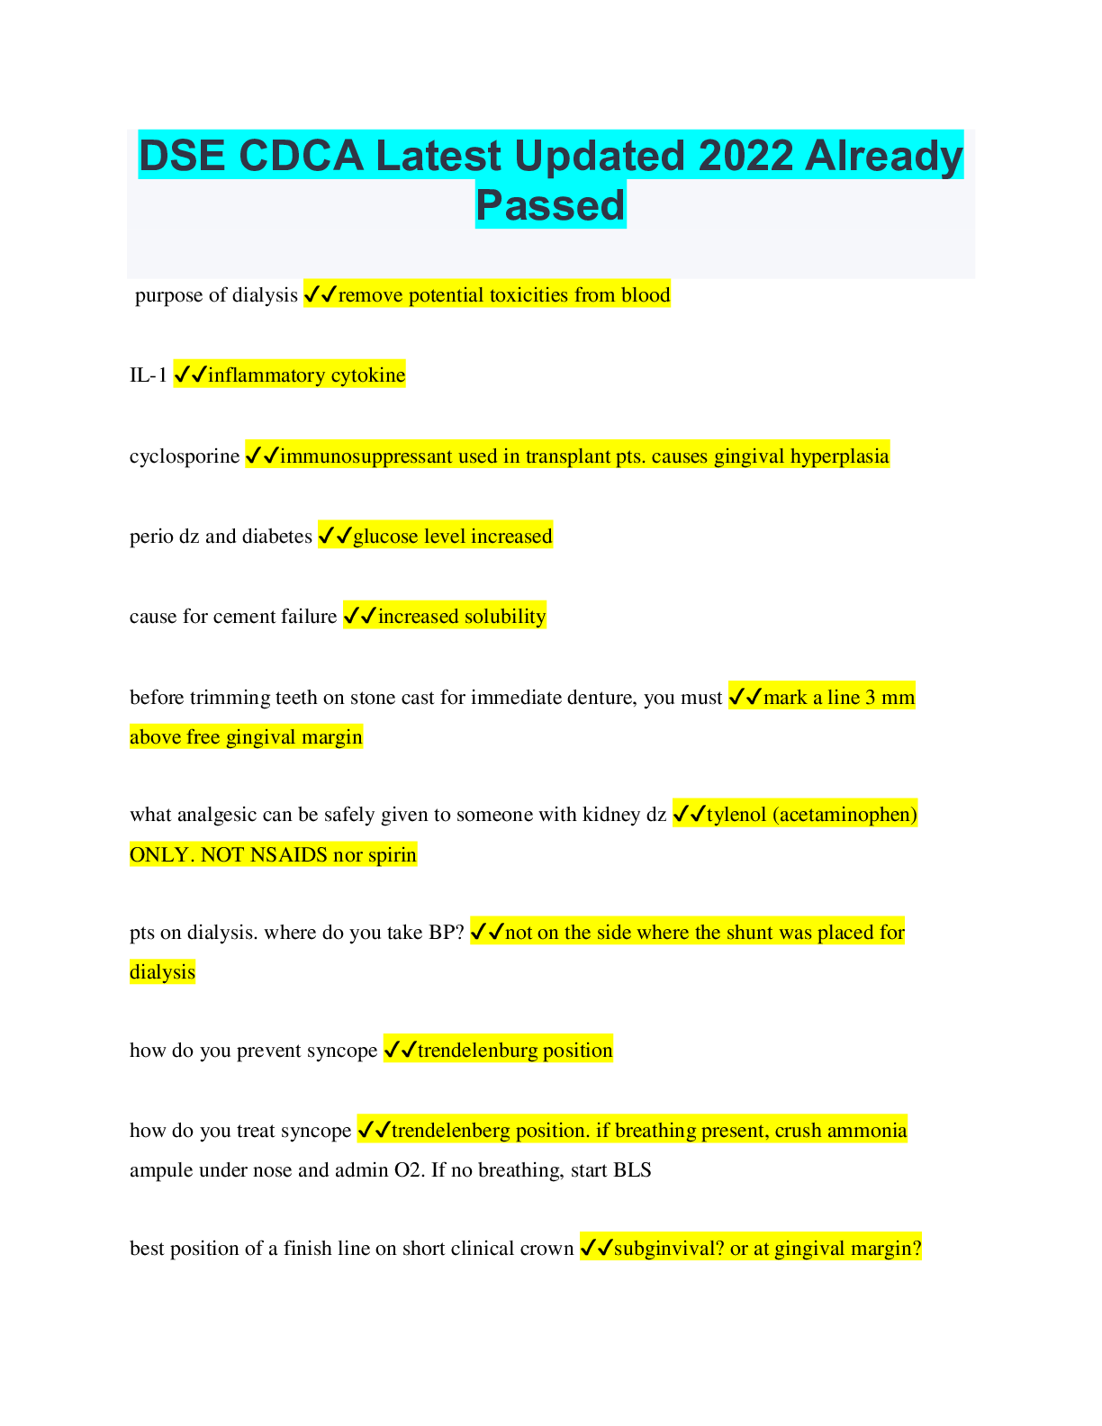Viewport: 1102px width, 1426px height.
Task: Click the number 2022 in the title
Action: [x=745, y=156]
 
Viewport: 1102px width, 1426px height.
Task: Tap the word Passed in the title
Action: [x=550, y=204]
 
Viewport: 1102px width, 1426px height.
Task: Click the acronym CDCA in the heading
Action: [x=302, y=156]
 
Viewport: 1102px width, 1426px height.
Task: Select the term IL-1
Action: [x=149, y=375]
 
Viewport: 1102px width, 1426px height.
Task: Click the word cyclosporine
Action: [x=185, y=456]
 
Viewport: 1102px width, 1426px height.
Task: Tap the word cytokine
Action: [x=368, y=375]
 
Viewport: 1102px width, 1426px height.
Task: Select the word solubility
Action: [x=504, y=617]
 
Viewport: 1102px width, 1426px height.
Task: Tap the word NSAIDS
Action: [x=288, y=854]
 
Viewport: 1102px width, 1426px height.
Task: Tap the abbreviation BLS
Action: [x=632, y=1170]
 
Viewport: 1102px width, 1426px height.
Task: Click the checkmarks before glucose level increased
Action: [x=335, y=537]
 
